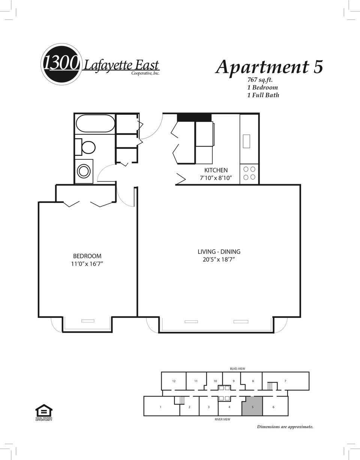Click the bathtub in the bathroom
[96, 123]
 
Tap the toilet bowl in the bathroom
[88, 147]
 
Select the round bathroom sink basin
[84, 171]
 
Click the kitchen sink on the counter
[246, 141]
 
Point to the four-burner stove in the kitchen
[249, 174]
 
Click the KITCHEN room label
[216, 170]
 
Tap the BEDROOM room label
[87, 256]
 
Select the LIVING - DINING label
[219, 252]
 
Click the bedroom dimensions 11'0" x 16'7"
[87, 264]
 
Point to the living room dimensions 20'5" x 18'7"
[219, 259]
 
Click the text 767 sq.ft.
[260, 80]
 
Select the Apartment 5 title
[269, 66]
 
